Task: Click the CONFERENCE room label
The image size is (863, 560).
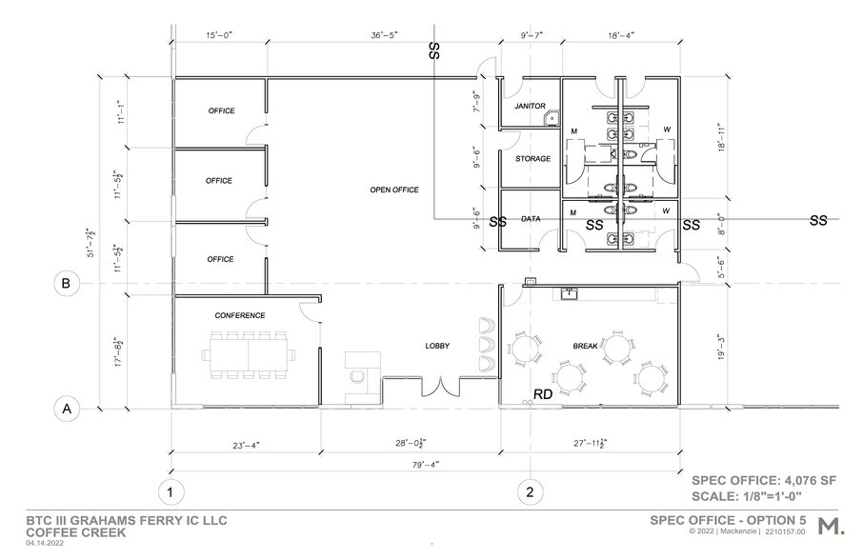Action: (x=239, y=315)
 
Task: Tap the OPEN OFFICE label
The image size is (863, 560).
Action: (x=394, y=190)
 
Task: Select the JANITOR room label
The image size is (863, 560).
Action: (x=529, y=106)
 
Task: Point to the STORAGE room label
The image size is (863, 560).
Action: (x=532, y=158)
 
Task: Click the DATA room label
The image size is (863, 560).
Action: (x=531, y=219)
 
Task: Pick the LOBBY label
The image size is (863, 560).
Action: (x=437, y=346)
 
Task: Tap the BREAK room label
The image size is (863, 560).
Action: (x=585, y=347)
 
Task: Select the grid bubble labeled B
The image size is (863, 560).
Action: (x=67, y=283)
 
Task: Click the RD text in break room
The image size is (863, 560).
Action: (x=543, y=393)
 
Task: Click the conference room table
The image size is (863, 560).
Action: (x=248, y=353)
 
